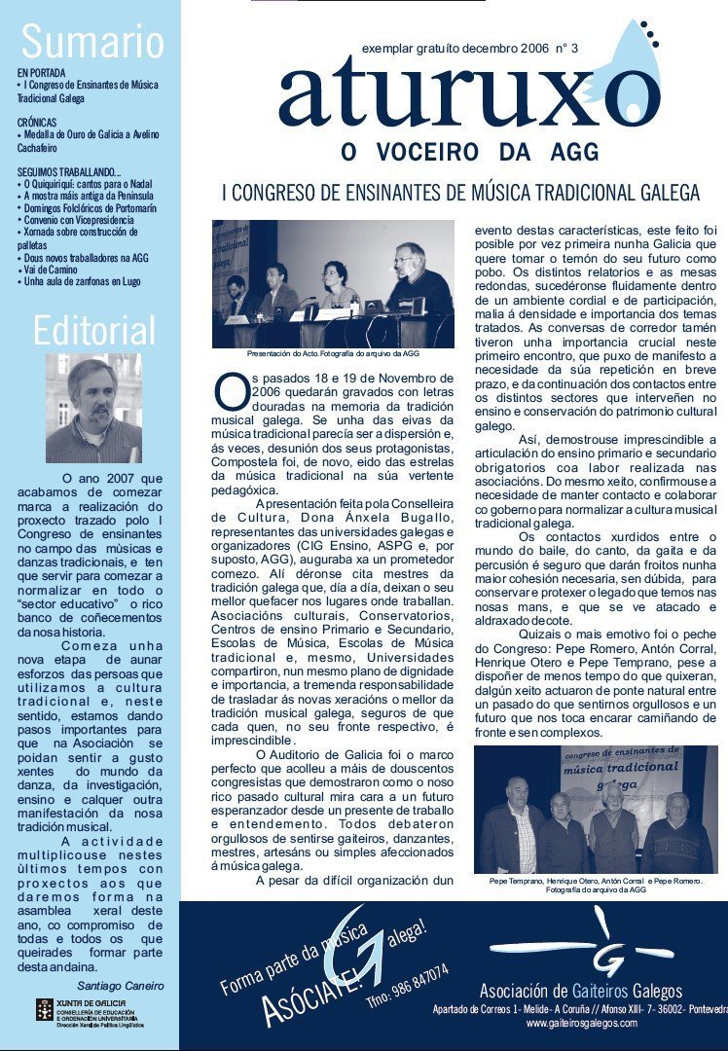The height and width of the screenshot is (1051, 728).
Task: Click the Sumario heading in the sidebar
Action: (92, 43)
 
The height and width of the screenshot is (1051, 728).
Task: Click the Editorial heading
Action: (93, 331)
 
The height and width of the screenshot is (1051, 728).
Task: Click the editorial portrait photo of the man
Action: (93, 408)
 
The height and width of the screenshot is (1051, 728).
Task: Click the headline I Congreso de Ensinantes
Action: (460, 192)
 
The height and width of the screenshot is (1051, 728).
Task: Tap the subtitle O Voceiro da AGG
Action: (469, 153)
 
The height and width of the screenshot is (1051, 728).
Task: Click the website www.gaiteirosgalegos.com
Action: (581, 1023)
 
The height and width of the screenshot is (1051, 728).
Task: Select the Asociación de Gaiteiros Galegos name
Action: (580, 992)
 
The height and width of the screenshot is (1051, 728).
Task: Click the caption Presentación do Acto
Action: (333, 353)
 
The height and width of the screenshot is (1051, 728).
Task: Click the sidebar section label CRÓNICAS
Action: (37, 122)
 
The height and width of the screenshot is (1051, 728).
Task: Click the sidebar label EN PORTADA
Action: (42, 73)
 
